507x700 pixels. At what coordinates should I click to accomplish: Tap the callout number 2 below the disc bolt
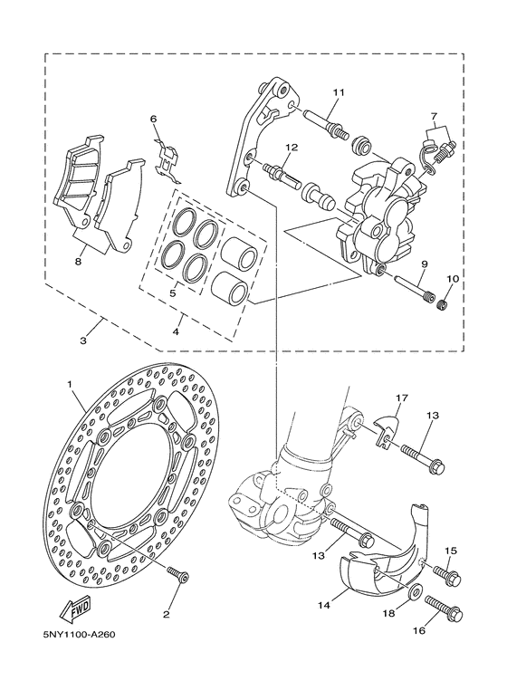166,614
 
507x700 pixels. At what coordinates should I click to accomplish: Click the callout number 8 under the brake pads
79,261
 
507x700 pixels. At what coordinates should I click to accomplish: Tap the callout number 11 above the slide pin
339,92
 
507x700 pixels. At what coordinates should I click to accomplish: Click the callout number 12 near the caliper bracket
292,148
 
